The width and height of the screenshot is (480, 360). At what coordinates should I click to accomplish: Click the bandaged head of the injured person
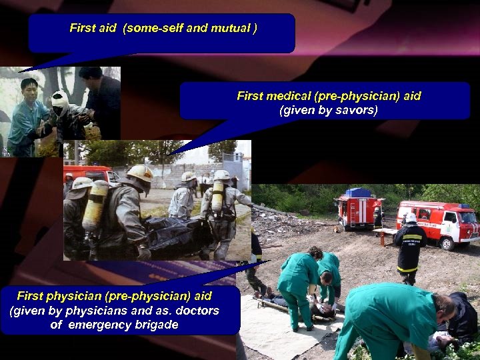point(61,99)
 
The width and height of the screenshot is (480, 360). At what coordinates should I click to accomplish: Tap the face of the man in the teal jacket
point(29,90)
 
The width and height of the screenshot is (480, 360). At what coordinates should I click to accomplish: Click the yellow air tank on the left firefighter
point(96,203)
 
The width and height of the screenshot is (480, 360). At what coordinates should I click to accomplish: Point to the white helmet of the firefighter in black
point(411,217)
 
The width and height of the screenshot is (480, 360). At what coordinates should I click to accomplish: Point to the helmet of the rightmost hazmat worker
point(221,175)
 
